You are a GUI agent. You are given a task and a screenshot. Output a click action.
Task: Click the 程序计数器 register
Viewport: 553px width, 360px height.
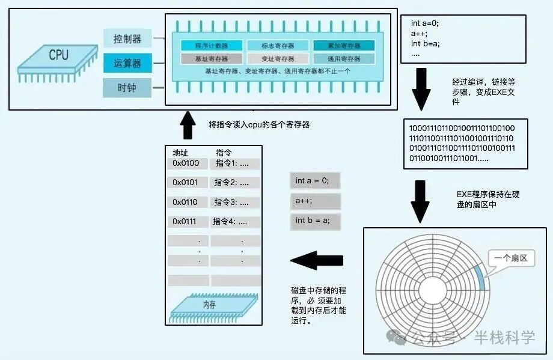pyautogui.click(x=211, y=46)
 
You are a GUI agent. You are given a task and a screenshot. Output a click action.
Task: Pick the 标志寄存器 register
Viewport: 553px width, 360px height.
pyautogui.click(x=278, y=46)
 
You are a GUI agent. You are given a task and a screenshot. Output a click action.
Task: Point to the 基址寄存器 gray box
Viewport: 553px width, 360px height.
pyautogui.click(x=211, y=59)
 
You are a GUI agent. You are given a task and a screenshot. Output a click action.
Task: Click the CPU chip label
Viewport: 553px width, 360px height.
pyautogui.click(x=58, y=56)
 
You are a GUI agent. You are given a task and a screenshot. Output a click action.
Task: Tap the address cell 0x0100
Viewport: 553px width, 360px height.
pyautogui.click(x=186, y=163)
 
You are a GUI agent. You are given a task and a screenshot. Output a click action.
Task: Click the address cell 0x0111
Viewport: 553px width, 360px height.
pyautogui.click(x=186, y=221)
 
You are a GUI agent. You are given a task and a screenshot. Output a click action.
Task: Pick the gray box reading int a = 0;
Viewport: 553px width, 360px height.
pyautogui.click(x=315, y=181)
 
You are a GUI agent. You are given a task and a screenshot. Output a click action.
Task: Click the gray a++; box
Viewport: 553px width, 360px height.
pyautogui.click(x=315, y=201)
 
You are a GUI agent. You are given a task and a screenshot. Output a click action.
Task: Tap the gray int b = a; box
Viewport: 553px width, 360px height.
pyautogui.click(x=315, y=221)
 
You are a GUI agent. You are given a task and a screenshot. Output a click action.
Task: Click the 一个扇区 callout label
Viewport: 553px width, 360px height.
pyautogui.click(x=511, y=258)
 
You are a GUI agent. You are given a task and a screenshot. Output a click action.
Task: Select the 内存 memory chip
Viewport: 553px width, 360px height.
pyautogui.click(x=209, y=305)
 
